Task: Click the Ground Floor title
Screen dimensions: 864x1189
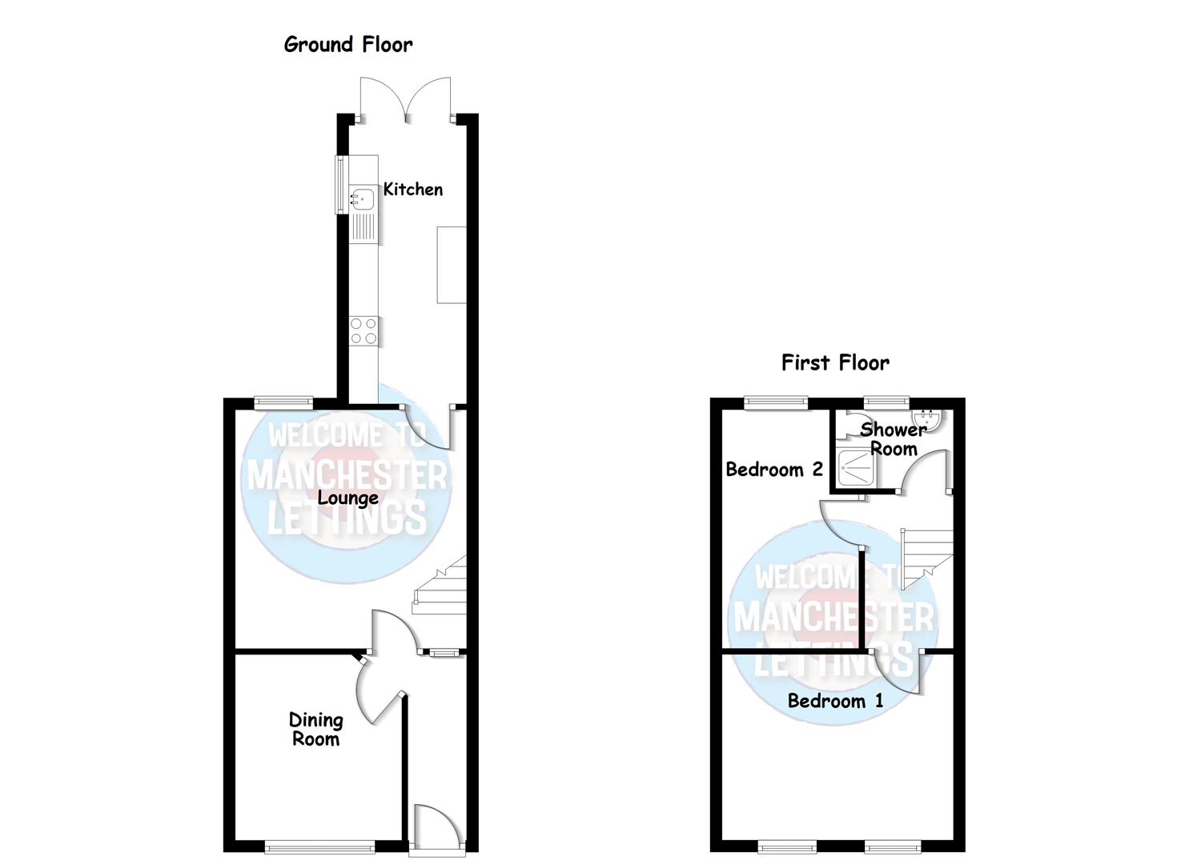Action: coord(348,45)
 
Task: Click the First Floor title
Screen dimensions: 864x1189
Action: coord(835,363)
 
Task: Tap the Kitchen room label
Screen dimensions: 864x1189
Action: coord(412,190)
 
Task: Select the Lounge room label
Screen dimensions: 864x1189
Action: coord(347,498)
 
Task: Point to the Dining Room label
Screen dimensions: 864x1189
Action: coord(315,729)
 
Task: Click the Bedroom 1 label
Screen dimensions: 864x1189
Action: coord(835,702)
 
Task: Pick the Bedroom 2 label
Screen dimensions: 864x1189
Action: coord(773,470)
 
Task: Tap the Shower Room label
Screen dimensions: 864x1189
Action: coord(894,438)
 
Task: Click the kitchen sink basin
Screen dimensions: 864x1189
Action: coord(362,196)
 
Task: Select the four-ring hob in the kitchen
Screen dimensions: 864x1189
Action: coord(364,330)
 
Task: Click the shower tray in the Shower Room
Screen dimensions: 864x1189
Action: coord(857,467)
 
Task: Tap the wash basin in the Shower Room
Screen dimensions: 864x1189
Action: coord(928,418)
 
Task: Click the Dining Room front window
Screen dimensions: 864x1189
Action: coord(319,845)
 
